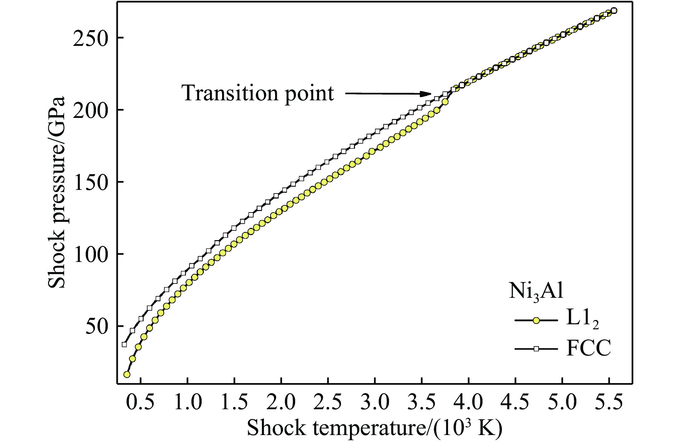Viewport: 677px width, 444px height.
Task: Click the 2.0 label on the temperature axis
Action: (x=281, y=403)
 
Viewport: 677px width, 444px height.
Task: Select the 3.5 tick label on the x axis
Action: (x=422, y=403)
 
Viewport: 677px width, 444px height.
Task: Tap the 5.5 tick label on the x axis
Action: (x=609, y=403)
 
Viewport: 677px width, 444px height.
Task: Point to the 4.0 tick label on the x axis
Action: (x=469, y=403)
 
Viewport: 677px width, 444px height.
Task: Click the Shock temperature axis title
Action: (x=374, y=428)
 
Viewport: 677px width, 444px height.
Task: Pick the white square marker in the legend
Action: (x=536, y=349)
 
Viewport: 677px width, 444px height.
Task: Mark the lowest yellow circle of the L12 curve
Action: (x=126, y=374)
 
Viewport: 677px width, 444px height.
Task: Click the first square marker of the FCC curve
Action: (x=124, y=344)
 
